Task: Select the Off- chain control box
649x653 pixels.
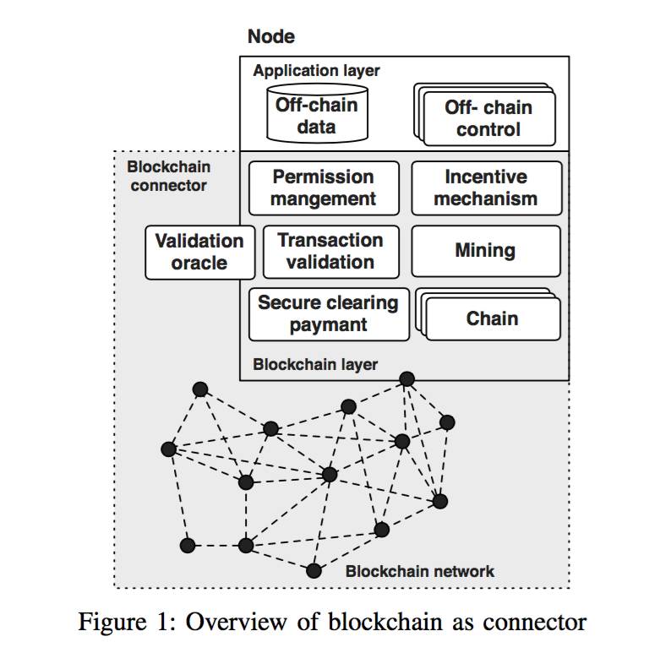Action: tap(488, 119)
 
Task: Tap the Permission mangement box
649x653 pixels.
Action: tap(324, 188)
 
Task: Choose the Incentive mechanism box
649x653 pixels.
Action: tap(486, 188)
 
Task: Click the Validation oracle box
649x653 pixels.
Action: tap(199, 252)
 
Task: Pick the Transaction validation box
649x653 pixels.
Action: tap(330, 251)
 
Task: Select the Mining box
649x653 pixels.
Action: tap(485, 251)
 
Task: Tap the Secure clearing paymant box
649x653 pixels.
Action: tap(328, 314)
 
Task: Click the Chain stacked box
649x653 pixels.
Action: tap(492, 319)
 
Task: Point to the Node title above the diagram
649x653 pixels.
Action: tap(270, 37)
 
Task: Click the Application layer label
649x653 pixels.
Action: tap(316, 71)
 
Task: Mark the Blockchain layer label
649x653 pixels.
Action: tap(315, 365)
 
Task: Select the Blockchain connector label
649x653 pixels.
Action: tap(168, 176)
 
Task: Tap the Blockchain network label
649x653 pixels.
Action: tap(419, 571)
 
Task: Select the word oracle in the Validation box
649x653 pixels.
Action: tap(199, 263)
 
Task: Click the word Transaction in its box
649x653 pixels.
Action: tap(330, 240)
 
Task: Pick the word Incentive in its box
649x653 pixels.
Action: tap(486, 177)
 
